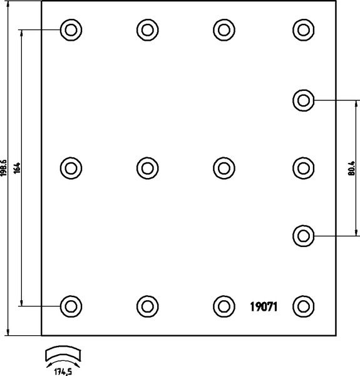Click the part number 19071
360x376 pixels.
pyautogui.click(x=264, y=306)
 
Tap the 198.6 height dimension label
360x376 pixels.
pyautogui.click(x=4, y=168)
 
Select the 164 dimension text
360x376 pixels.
pyautogui.click(x=17, y=169)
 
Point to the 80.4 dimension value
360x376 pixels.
pyautogui.click(x=352, y=168)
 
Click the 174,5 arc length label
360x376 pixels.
pyautogui.click(x=63, y=372)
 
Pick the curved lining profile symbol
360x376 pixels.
pyautogui.click(x=63, y=353)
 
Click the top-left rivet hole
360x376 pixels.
pyautogui.click(x=71, y=30)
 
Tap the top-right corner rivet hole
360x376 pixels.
pyautogui.click(x=304, y=30)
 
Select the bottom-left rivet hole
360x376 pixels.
pyautogui.click(x=71, y=306)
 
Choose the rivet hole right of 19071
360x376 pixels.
pyautogui.click(x=304, y=306)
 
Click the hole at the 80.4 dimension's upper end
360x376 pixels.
pyautogui.click(x=304, y=100)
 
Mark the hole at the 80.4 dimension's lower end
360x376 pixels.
pyautogui.click(x=304, y=236)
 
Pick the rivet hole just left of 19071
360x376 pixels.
pyautogui.click(x=224, y=306)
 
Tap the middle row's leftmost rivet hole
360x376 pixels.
pyautogui.click(x=71, y=168)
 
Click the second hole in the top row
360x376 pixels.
pyautogui.click(x=147, y=30)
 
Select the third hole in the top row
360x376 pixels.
pyautogui.click(x=224, y=30)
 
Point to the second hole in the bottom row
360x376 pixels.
pyautogui.click(x=147, y=306)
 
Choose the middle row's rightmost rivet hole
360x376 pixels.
pyautogui.click(x=304, y=168)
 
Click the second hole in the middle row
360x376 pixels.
pyautogui.click(x=147, y=168)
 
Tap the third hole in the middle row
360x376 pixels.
pyautogui.click(x=224, y=168)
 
